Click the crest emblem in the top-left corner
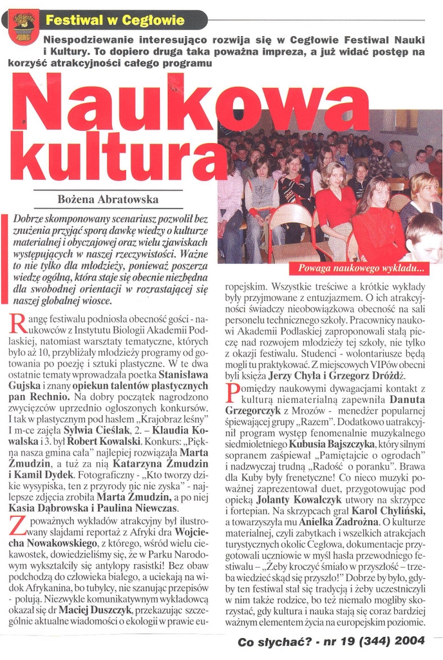(x=24, y=26)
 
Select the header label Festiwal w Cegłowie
(x=115, y=20)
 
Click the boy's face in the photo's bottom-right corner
(x=425, y=242)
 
